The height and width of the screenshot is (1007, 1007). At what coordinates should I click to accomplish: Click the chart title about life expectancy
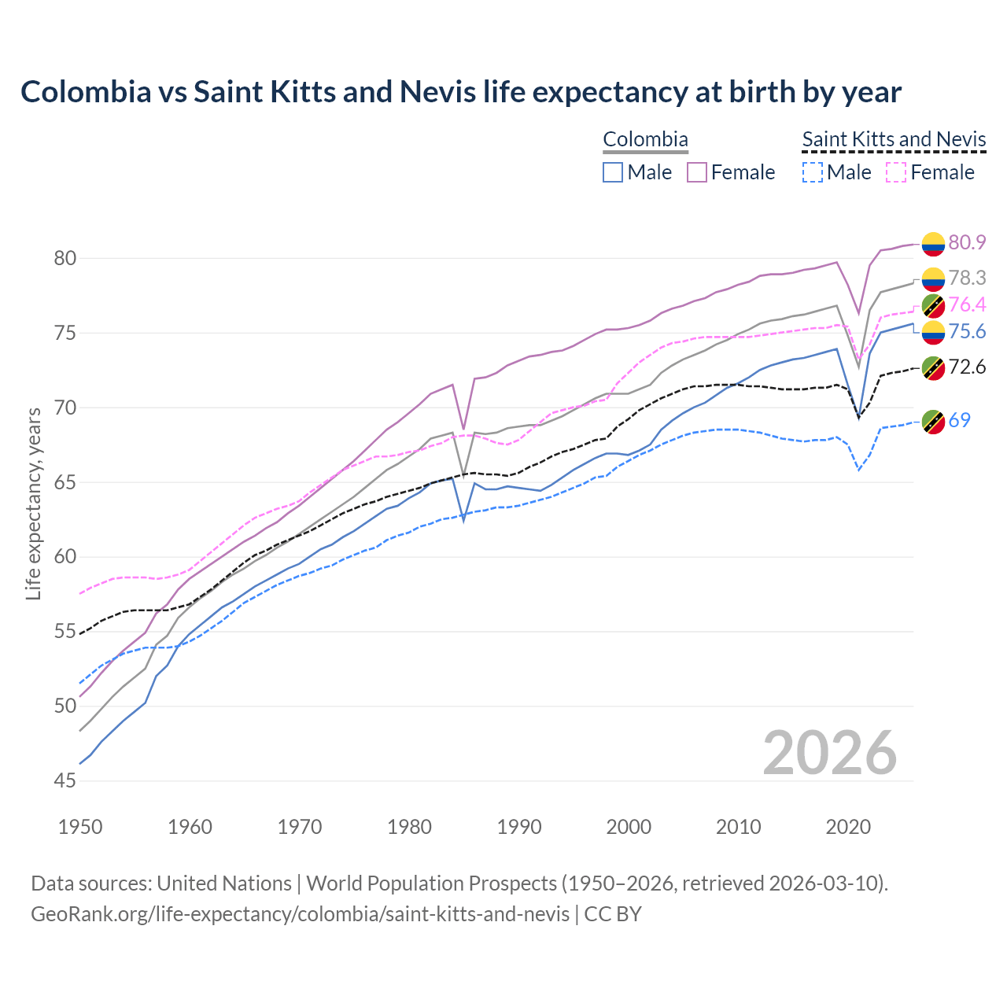click(461, 92)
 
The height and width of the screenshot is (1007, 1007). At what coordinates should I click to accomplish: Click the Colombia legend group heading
click(645, 140)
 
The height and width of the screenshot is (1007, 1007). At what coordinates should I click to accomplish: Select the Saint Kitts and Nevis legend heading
click(894, 140)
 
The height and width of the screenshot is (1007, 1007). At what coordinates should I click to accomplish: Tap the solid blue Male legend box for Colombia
click(613, 172)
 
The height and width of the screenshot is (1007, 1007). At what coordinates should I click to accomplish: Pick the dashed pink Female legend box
click(897, 172)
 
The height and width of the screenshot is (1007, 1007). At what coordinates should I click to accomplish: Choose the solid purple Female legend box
click(697, 172)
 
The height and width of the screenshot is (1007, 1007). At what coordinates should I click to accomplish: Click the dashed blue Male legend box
click(813, 172)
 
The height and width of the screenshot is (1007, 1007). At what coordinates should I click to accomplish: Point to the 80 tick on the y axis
click(65, 258)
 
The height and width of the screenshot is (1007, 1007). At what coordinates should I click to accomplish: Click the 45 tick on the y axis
click(65, 781)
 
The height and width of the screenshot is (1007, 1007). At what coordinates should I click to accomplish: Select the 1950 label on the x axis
click(80, 827)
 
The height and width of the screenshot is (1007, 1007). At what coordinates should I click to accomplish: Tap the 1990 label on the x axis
click(519, 827)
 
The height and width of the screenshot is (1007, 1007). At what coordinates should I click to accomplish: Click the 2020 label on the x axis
click(848, 827)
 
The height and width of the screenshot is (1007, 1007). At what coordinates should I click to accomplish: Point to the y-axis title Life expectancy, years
click(33, 503)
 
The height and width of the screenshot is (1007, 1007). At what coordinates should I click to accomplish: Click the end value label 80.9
click(967, 242)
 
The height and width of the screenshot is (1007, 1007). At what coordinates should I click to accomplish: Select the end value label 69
click(959, 420)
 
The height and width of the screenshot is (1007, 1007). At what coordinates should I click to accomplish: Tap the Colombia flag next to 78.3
click(933, 278)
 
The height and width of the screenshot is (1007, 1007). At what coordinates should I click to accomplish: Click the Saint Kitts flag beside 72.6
click(933, 367)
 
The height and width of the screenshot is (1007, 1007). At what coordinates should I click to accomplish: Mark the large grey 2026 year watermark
click(829, 753)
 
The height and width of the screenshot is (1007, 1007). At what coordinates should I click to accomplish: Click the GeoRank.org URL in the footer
click(300, 914)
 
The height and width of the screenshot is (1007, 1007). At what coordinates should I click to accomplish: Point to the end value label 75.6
click(967, 332)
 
